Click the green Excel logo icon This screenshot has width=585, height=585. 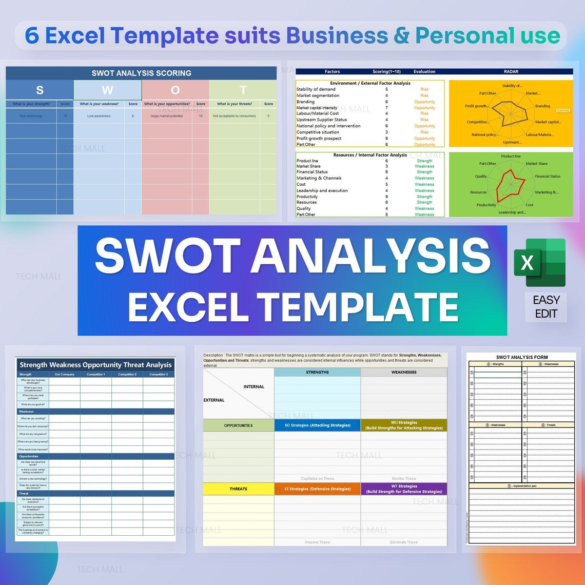coord(540,263)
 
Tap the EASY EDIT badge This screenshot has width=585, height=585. coord(546,307)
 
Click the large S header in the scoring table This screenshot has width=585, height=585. coord(40,90)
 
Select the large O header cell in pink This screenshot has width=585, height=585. coord(175,90)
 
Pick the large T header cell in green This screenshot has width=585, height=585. coord(243,90)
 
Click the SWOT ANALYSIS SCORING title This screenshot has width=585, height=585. coord(141,73)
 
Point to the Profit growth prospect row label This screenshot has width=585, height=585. coord(319,139)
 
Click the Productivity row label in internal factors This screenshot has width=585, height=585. coord(307,197)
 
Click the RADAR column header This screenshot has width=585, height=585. coord(511,72)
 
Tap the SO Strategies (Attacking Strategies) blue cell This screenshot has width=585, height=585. coord(317,425)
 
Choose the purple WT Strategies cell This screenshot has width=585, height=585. coord(404,489)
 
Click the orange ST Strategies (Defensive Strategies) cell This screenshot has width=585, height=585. coord(317,489)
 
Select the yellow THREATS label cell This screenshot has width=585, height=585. coord(238,489)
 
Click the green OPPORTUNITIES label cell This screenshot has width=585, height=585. coord(238,425)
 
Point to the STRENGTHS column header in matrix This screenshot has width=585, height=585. coord(317,372)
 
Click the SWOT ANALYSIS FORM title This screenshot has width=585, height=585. coord(522,357)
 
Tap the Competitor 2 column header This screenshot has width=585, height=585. coord(127,375)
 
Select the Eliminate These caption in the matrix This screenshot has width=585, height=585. coord(404,542)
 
